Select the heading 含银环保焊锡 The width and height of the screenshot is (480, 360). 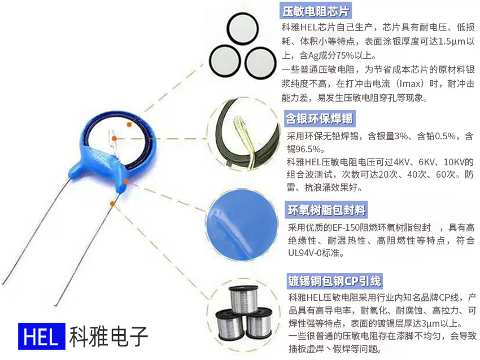click(320, 118)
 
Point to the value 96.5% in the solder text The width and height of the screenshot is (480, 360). click(309, 150)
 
